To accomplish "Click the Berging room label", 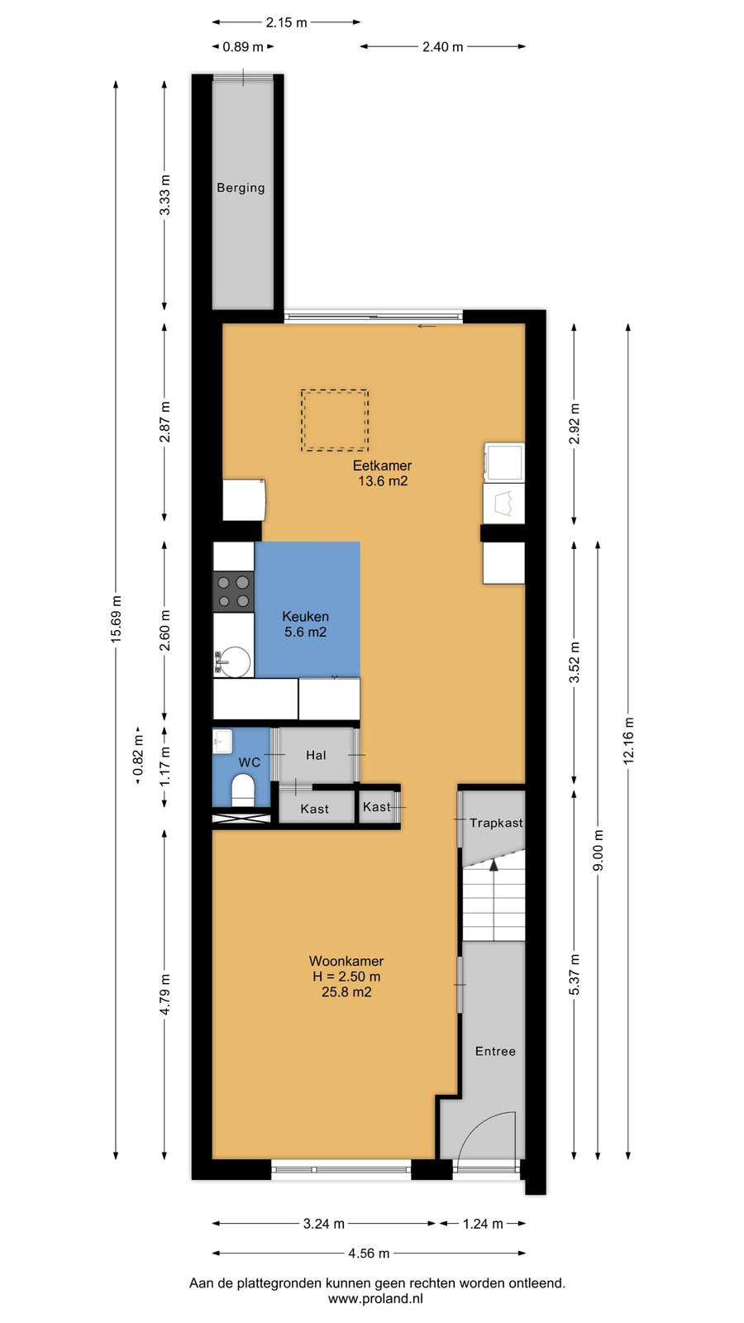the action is click(x=241, y=188).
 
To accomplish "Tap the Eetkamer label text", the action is click(x=382, y=466).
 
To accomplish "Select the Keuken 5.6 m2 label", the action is click(x=305, y=623).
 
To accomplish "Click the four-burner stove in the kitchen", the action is click(x=233, y=592).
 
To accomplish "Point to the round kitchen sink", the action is click(x=235, y=661).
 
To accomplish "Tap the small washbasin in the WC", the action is click(x=222, y=741).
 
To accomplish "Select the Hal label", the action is click(x=316, y=755).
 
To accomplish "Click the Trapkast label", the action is click(x=496, y=823).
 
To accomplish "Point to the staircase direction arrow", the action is click(x=493, y=865).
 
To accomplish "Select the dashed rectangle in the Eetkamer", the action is click(x=335, y=420).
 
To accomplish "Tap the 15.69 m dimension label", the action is click(x=117, y=619).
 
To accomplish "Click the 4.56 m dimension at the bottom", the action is click(x=369, y=1254).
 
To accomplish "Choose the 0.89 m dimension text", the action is click(x=243, y=46).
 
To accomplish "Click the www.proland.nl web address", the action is click(x=375, y=1299).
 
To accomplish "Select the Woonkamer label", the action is click(x=346, y=961).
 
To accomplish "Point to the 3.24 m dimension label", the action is click(x=323, y=1224).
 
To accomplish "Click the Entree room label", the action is click(x=495, y=1051).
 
